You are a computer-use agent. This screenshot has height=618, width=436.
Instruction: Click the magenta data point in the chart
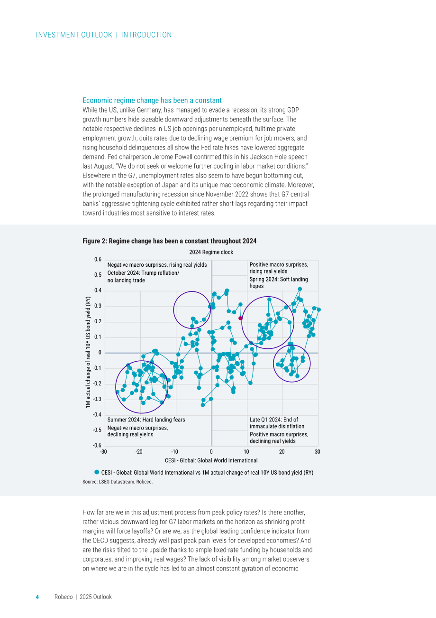240,318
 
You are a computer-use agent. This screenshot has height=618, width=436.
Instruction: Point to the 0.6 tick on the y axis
98,259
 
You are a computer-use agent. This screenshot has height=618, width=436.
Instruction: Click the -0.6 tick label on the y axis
97,446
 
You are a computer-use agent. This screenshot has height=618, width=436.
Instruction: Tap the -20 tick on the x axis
139,452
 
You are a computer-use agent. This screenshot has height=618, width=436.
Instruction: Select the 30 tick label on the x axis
318,452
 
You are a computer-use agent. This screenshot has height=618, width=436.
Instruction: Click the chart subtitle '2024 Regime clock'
211,252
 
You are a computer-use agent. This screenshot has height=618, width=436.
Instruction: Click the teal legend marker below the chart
97,472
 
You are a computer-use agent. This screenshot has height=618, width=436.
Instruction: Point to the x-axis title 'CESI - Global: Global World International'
211,460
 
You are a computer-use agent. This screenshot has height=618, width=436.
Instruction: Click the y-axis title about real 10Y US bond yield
88,352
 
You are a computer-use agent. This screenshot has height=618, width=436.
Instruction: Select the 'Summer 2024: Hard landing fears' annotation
146,420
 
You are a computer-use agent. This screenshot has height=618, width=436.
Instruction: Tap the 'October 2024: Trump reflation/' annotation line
143,273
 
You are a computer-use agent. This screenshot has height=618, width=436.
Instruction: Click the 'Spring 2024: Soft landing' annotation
279,279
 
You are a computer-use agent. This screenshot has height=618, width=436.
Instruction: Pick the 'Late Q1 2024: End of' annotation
274,420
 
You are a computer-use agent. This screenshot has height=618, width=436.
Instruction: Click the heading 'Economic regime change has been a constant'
152,101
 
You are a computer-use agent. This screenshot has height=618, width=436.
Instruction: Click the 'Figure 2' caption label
95,241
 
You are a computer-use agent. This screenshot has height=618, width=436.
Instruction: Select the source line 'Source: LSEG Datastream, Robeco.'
118,482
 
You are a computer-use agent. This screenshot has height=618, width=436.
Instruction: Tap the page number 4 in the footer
37,597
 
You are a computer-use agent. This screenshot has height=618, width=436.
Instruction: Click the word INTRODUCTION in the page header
146,35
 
